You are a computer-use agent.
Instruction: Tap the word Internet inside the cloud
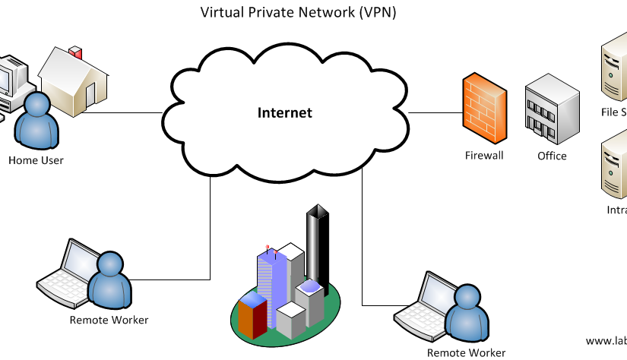point(285,113)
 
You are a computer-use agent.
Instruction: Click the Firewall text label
point(484,156)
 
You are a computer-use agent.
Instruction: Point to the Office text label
point(552,156)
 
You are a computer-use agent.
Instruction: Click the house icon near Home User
point(76,82)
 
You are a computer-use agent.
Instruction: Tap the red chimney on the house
point(75,53)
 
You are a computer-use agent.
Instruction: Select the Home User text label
point(36,160)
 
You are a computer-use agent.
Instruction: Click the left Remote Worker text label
point(109,320)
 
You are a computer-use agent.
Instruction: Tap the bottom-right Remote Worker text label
point(466,352)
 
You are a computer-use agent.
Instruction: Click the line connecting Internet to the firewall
point(433,113)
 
